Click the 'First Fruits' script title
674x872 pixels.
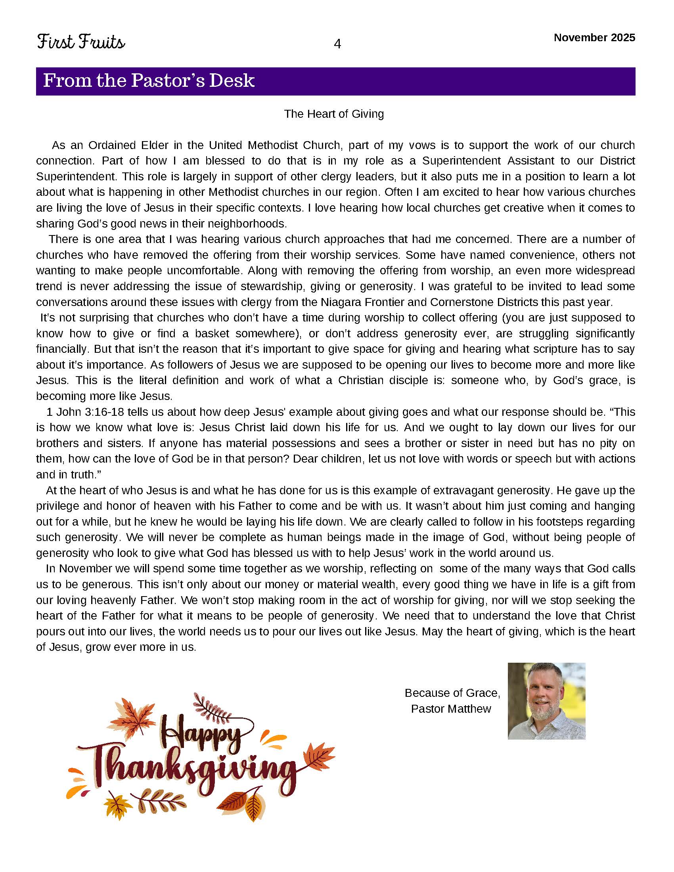81,42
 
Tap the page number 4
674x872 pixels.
337,44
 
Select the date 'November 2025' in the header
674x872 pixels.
594,38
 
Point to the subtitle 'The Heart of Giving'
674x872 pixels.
334,114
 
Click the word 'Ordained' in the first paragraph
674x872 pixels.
112,145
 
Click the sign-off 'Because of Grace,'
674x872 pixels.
452,693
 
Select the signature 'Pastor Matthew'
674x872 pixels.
451,709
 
